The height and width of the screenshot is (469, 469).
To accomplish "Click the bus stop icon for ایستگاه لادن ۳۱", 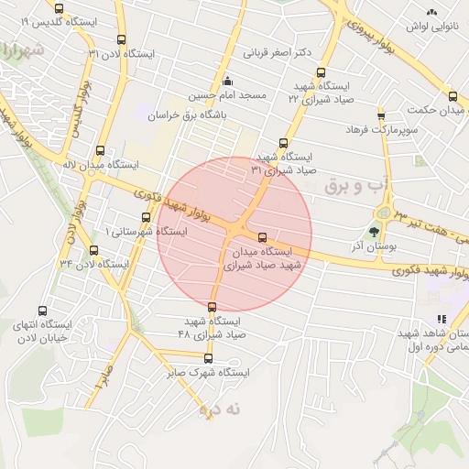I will click(122, 39).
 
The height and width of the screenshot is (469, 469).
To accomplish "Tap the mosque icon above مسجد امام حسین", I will click(228, 79).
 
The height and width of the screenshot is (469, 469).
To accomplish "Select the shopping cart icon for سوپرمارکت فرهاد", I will click(381, 115).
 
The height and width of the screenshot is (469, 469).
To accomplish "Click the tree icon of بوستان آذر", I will click(373, 232).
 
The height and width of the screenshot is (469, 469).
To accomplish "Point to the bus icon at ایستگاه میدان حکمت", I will click(453, 96).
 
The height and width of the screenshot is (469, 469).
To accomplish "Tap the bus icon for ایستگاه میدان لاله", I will click(100, 151).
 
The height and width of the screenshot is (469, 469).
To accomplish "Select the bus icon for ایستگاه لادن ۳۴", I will click(93, 249).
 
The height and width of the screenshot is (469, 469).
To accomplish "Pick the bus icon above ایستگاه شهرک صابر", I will click(208, 358).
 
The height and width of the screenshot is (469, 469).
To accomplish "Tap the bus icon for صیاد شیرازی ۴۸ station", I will click(213, 307).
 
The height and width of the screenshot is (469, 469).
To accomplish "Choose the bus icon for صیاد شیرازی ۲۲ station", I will click(320, 72).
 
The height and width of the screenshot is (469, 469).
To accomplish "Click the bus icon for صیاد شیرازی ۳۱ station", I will click(282, 143).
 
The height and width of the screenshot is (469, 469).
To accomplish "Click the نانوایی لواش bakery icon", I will click(432, 12).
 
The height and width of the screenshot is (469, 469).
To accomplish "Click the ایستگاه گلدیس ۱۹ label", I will click(46, 20).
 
